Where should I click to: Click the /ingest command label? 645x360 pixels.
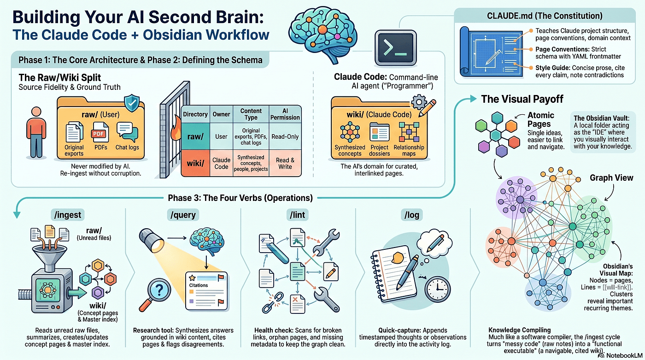click(x=68, y=215)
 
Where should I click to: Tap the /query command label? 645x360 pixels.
click(x=183, y=215)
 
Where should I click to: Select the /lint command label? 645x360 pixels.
click(x=298, y=215)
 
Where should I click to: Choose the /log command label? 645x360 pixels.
click(x=412, y=215)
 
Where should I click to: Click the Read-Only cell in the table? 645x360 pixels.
click(x=285, y=136)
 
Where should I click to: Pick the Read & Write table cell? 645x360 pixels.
click(x=285, y=163)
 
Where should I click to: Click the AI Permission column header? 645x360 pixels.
click(x=285, y=114)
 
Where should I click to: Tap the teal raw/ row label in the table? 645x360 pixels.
click(x=195, y=136)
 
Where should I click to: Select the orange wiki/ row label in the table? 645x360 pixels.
click(x=195, y=163)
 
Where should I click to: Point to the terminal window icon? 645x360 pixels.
click(x=396, y=48)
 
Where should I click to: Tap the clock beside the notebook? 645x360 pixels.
click(x=437, y=289)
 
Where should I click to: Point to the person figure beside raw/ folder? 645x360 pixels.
click(x=36, y=132)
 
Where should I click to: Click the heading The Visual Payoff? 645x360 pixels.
click(x=522, y=99)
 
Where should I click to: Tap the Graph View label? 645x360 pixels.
click(x=611, y=178)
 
